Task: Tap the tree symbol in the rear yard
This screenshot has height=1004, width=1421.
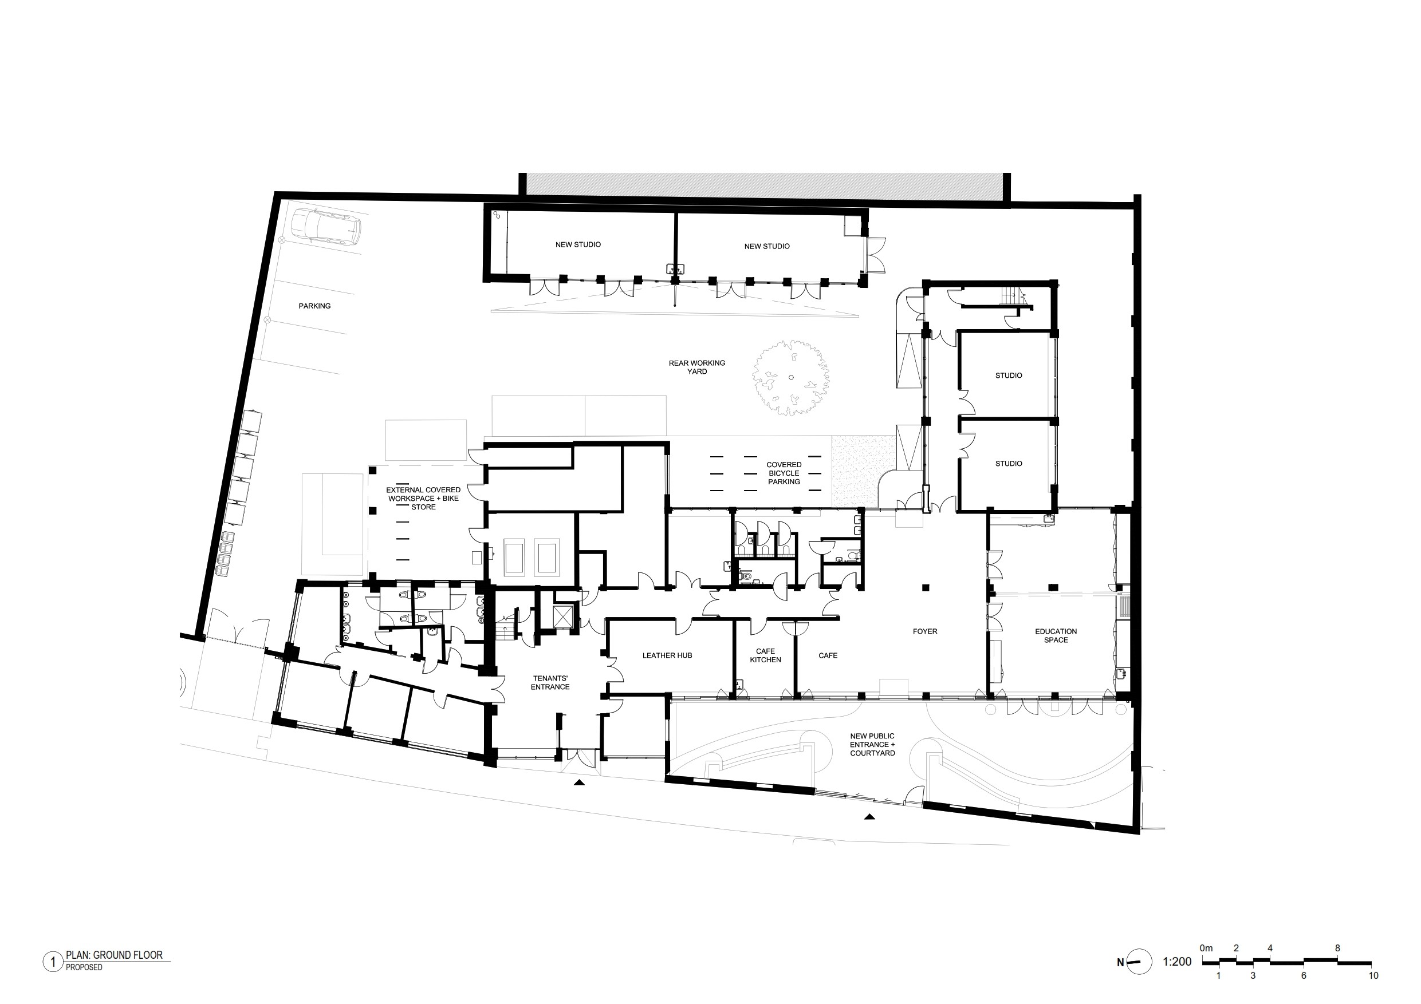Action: click(791, 377)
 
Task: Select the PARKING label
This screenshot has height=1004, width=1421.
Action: click(314, 306)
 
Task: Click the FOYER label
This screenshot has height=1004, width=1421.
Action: click(924, 631)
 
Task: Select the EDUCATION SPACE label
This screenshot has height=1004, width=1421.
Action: click(1056, 636)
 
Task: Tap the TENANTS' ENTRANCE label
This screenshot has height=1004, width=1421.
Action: click(550, 683)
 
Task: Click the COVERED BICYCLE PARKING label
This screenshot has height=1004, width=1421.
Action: click(784, 473)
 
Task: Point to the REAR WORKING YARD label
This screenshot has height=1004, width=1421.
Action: click(697, 367)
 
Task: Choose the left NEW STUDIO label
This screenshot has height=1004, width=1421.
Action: click(578, 245)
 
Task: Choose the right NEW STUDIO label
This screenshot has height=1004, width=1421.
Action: click(767, 247)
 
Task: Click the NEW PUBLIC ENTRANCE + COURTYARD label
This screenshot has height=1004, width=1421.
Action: click(872, 745)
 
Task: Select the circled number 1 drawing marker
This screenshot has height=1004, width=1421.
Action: click(53, 962)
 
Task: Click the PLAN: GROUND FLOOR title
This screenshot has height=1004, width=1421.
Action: click(115, 955)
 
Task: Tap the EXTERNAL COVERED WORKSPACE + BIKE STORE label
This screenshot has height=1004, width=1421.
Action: click(423, 499)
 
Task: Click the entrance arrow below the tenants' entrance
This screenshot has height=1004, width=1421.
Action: click(578, 782)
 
